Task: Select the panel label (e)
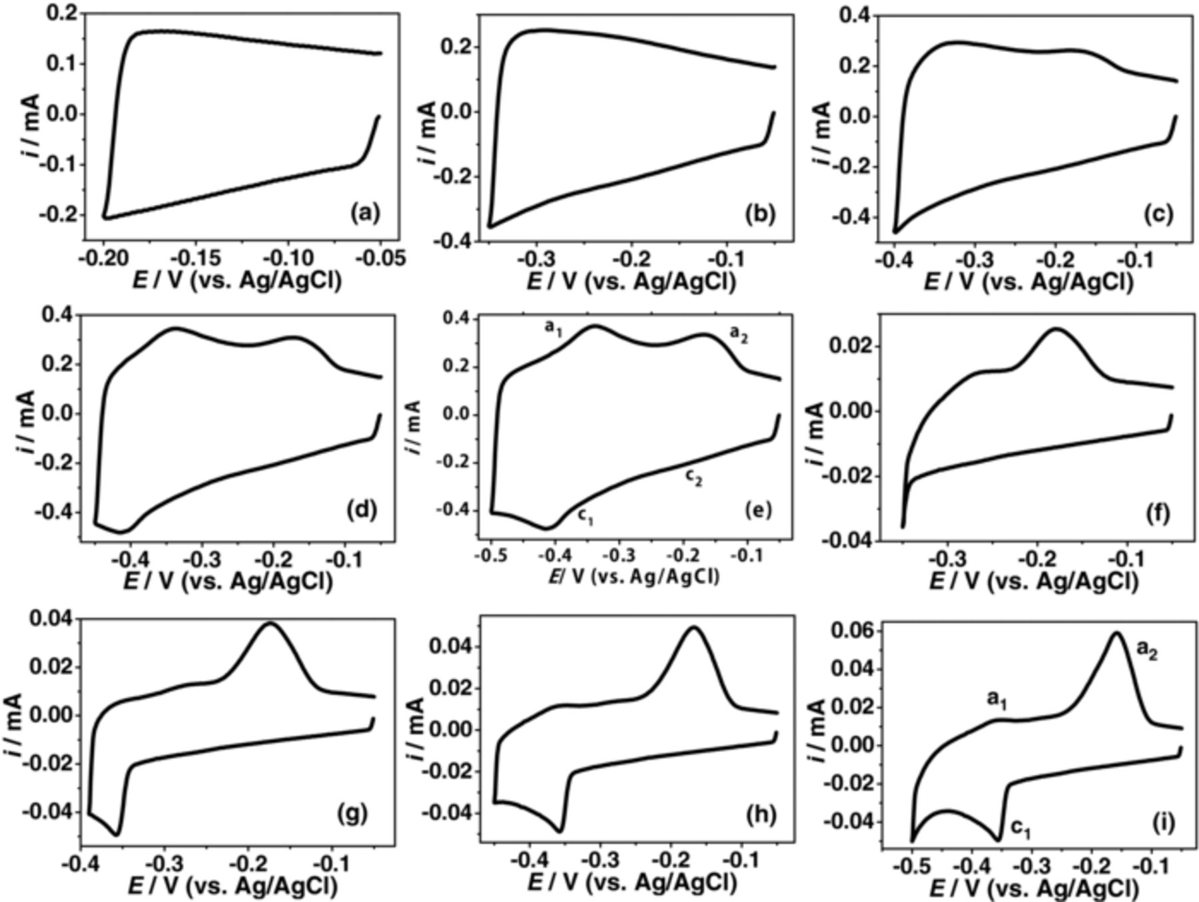[759, 511]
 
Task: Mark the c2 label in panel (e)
[693, 477]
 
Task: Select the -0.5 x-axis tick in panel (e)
[491, 555]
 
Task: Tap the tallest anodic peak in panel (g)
[270, 624]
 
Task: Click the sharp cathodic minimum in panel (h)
[560, 831]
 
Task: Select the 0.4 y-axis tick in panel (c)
[855, 15]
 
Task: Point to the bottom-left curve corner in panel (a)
[105, 217]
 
